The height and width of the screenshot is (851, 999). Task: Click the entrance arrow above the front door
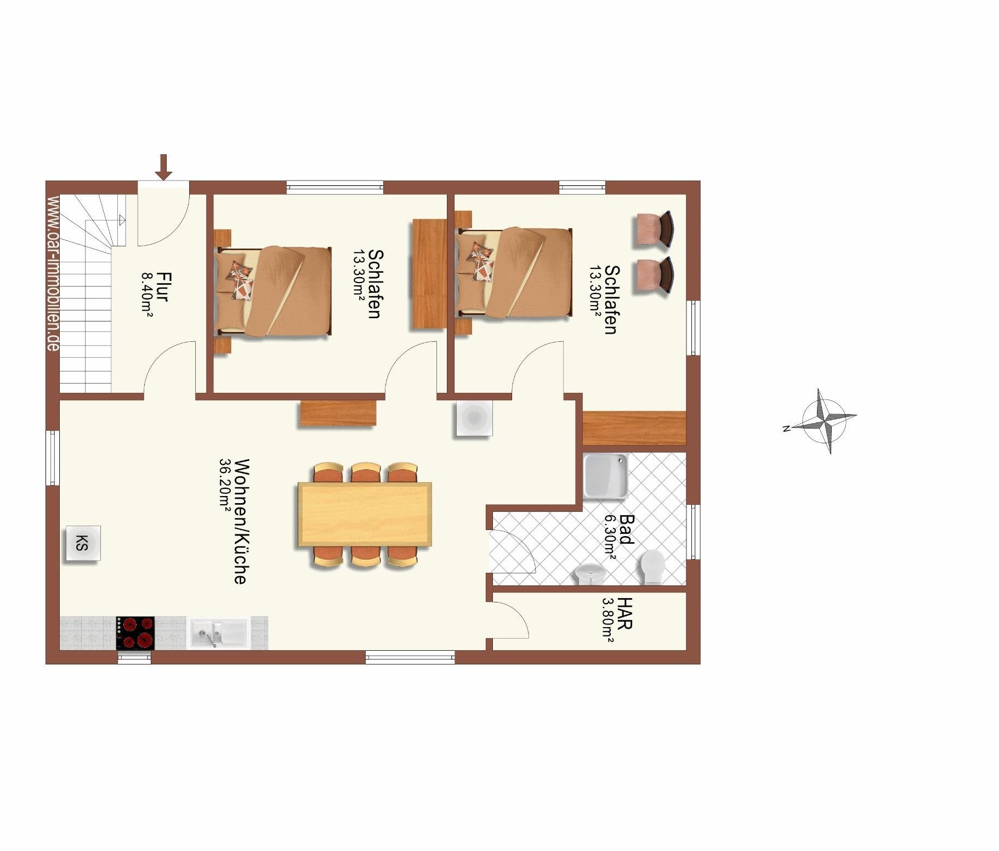pos(163,167)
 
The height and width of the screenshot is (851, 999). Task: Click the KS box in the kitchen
pos(83,543)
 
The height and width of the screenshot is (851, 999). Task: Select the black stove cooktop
pos(135,633)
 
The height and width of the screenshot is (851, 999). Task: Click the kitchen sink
pos(219,633)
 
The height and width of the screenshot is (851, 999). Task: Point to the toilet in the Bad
pos(653,567)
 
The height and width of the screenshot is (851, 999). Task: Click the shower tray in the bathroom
pos(605,476)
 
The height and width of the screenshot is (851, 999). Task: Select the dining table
pos(365,514)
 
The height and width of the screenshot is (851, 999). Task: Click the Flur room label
pos(162,286)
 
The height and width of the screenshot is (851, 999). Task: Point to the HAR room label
pos(625,613)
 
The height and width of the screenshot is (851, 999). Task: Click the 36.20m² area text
pos(225,485)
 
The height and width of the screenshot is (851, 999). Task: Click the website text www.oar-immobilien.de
pos(53,273)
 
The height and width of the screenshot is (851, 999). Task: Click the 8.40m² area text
pos(147,295)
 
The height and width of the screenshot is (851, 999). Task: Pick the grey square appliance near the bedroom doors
pos(474,419)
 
